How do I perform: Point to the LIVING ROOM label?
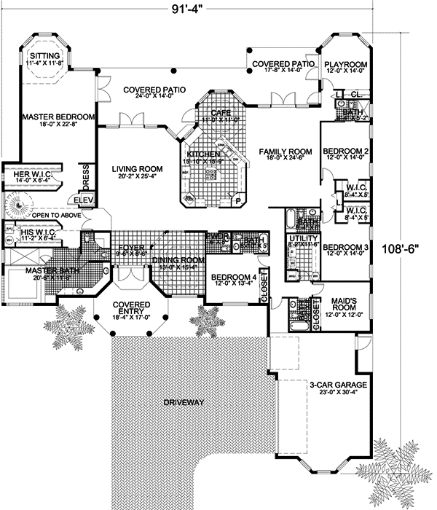(137, 169)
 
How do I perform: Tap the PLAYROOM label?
(345, 64)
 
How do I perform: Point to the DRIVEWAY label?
(184, 402)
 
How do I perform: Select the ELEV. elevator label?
(81, 199)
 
